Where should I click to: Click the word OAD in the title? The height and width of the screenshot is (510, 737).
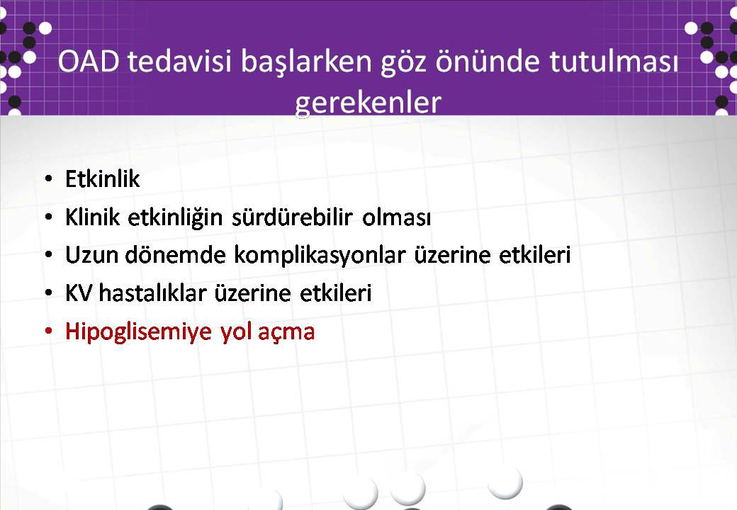[89, 62]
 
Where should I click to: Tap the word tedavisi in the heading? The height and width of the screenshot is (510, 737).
[179, 62]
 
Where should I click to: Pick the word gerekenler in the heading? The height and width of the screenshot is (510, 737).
[368, 103]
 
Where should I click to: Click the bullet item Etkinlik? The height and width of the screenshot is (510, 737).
[103, 179]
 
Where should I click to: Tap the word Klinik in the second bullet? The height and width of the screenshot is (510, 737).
[93, 217]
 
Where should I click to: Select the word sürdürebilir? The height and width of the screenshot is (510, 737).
[292, 217]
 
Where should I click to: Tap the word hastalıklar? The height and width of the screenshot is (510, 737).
[153, 293]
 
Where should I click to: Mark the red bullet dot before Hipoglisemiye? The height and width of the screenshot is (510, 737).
[48, 331]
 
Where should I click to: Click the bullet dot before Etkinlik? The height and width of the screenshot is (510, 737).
[48, 179]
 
